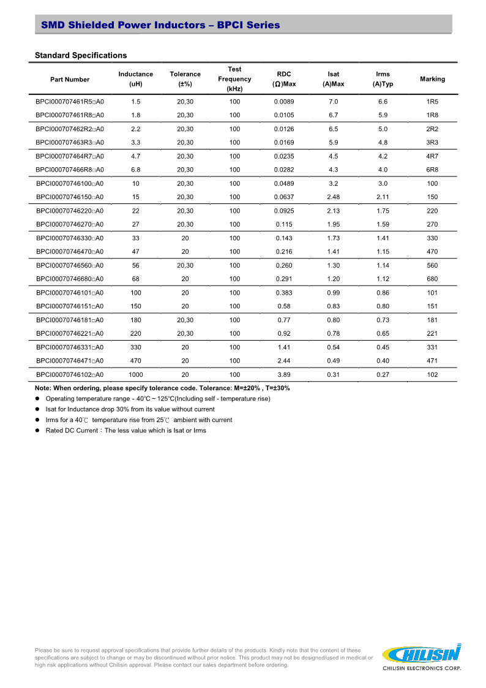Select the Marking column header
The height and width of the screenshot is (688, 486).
tap(432, 79)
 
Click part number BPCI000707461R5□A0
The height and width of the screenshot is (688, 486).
tap(70, 102)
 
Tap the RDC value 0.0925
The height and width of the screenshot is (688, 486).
tap(284, 211)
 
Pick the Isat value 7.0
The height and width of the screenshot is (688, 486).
tap(333, 102)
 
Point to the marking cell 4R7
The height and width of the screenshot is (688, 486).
tap(432, 156)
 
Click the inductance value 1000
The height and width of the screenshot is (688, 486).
tap(136, 374)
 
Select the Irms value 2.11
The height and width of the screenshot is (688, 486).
tap(383, 197)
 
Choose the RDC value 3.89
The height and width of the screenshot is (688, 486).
tap(284, 374)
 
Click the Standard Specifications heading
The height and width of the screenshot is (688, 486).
tap(81, 56)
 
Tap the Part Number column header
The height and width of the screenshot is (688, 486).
tap(70, 80)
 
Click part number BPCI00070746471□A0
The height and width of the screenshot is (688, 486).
tap(70, 361)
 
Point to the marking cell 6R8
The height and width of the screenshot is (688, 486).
tap(432, 170)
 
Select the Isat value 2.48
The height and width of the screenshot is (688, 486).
tap(333, 197)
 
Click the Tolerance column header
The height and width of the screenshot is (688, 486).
tap(185, 79)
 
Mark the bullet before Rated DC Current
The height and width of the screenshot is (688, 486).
tap(37, 431)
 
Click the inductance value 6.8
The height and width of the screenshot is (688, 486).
tap(136, 170)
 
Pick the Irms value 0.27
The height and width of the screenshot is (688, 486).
tap(383, 374)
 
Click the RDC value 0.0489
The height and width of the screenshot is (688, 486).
tap(284, 184)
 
